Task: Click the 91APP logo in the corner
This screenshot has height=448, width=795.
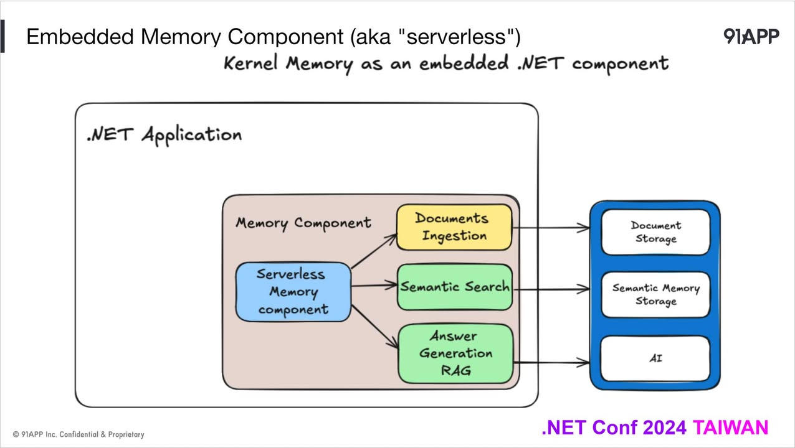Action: (751, 37)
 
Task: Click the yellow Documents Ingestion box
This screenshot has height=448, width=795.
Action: (454, 227)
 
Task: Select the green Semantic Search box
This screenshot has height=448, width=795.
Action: (455, 287)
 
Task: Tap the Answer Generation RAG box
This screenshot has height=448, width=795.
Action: (455, 353)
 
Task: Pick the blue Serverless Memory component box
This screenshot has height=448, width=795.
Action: (293, 292)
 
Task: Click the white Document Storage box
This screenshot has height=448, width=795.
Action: (655, 232)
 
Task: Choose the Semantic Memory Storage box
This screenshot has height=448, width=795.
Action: (655, 294)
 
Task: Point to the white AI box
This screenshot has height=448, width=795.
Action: (655, 358)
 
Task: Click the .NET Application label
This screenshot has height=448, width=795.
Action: (164, 134)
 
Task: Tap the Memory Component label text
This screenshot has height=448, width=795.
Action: (303, 223)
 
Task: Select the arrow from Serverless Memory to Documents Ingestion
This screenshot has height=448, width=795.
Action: (374, 251)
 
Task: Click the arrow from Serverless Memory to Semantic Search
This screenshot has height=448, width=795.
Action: (374, 286)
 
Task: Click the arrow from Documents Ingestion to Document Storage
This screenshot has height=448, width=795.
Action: (551, 228)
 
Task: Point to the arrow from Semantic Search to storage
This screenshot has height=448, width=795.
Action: (551, 289)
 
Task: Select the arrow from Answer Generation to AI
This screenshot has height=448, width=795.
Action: (551, 362)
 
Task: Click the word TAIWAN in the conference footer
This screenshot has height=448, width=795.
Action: (730, 428)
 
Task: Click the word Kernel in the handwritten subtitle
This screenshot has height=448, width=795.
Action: (250, 63)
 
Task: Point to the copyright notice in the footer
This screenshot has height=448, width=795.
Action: (79, 434)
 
